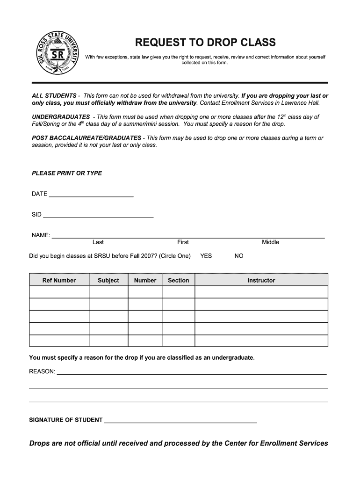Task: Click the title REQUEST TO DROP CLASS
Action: coord(205,43)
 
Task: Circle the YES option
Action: coord(206,256)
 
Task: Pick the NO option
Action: coord(239,256)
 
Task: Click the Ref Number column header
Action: coord(59,280)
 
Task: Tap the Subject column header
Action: coord(108,280)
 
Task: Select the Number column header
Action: coord(145,280)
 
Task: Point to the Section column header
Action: coord(178,280)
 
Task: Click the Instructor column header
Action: coord(261,280)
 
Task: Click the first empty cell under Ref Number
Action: coord(59,292)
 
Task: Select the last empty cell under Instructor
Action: coord(261,341)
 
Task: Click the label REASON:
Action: coord(42,372)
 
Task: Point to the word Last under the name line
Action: coord(98,242)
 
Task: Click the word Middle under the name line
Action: coord(270,242)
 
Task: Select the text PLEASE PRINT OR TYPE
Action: coord(67,173)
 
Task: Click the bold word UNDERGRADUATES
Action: coord(61,116)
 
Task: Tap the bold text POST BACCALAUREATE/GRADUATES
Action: coord(86,138)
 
